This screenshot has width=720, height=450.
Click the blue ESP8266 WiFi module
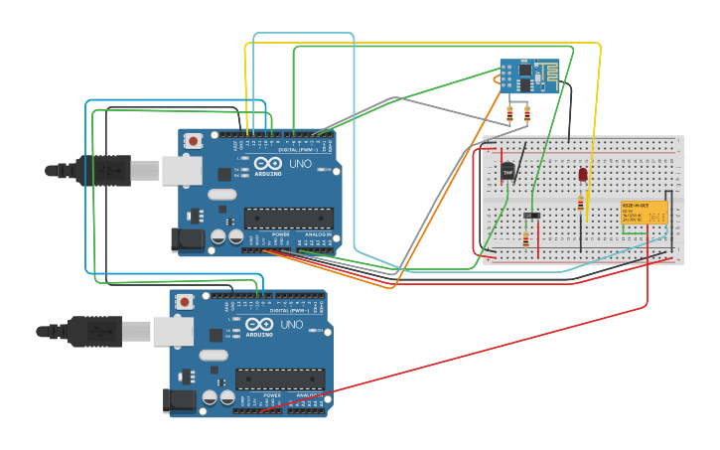[x=529, y=75]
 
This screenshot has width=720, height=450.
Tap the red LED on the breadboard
[x=583, y=176]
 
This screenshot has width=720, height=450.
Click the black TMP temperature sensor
[x=508, y=172]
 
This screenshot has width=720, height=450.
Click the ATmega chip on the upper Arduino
[x=289, y=218]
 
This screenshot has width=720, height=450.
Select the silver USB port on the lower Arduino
[x=173, y=331]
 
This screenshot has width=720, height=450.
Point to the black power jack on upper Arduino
[x=188, y=239]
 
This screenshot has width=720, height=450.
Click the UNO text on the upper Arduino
[x=299, y=164]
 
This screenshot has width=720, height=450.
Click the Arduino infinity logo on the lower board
[x=259, y=325]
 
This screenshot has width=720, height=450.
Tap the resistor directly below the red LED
[x=581, y=204]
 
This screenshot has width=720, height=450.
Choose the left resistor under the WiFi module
[x=510, y=113]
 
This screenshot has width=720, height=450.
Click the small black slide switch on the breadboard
[x=532, y=215]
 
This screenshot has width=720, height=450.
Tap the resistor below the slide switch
[x=525, y=238]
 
